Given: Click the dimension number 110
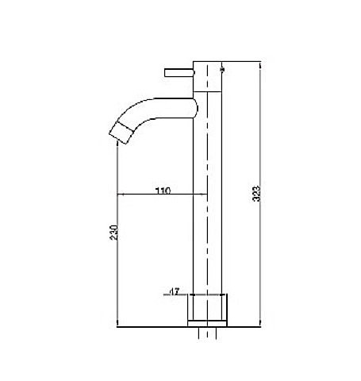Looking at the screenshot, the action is pos(163,190).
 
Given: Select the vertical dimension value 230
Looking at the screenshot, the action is pos(114,233).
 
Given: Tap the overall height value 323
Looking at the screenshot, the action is pos(256,194).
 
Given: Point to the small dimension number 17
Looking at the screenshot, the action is pos(175,291).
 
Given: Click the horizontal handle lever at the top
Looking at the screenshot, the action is pos(179,72).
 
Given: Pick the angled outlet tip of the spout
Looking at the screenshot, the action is pos(121,133).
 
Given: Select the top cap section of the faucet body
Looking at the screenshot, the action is pos(207,76).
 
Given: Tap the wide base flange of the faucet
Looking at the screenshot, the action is pos(207,307).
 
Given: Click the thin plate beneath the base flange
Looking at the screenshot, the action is pos(207,324).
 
